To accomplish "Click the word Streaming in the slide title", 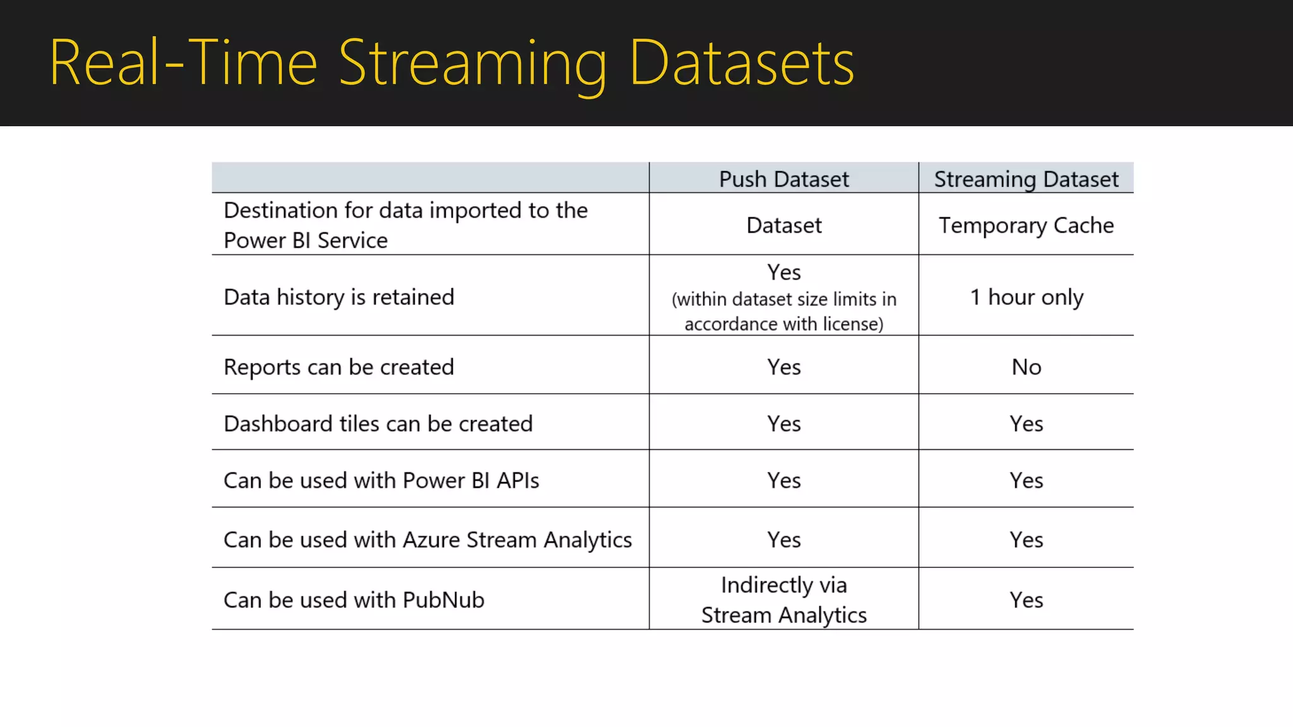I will coord(472,63).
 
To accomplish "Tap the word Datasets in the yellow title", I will coord(742,63).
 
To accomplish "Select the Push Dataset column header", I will coord(784,179).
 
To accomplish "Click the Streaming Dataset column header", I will coord(1026,179).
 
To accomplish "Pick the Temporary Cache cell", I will coord(1026,225).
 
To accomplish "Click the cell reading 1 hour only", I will coord(1026,297).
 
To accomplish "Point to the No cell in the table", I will coord(1026,367).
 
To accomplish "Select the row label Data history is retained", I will coord(339,297).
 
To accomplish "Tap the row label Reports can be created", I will coord(339,367).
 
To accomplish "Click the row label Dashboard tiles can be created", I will coord(378,423).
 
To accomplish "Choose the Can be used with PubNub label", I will coord(354,600).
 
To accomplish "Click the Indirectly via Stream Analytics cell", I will coord(784,600).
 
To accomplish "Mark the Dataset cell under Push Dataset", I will coord(784,225).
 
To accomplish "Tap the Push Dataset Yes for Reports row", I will coord(784,367).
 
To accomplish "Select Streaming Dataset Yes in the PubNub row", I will coord(1026,600).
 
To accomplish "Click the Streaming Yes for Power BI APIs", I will coord(1026,480).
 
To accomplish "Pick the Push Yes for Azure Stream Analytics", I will coord(784,540).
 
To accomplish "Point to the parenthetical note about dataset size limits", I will coord(784,311).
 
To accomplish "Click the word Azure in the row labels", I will coord(431,540).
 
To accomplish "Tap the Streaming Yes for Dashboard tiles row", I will coord(1026,423).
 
